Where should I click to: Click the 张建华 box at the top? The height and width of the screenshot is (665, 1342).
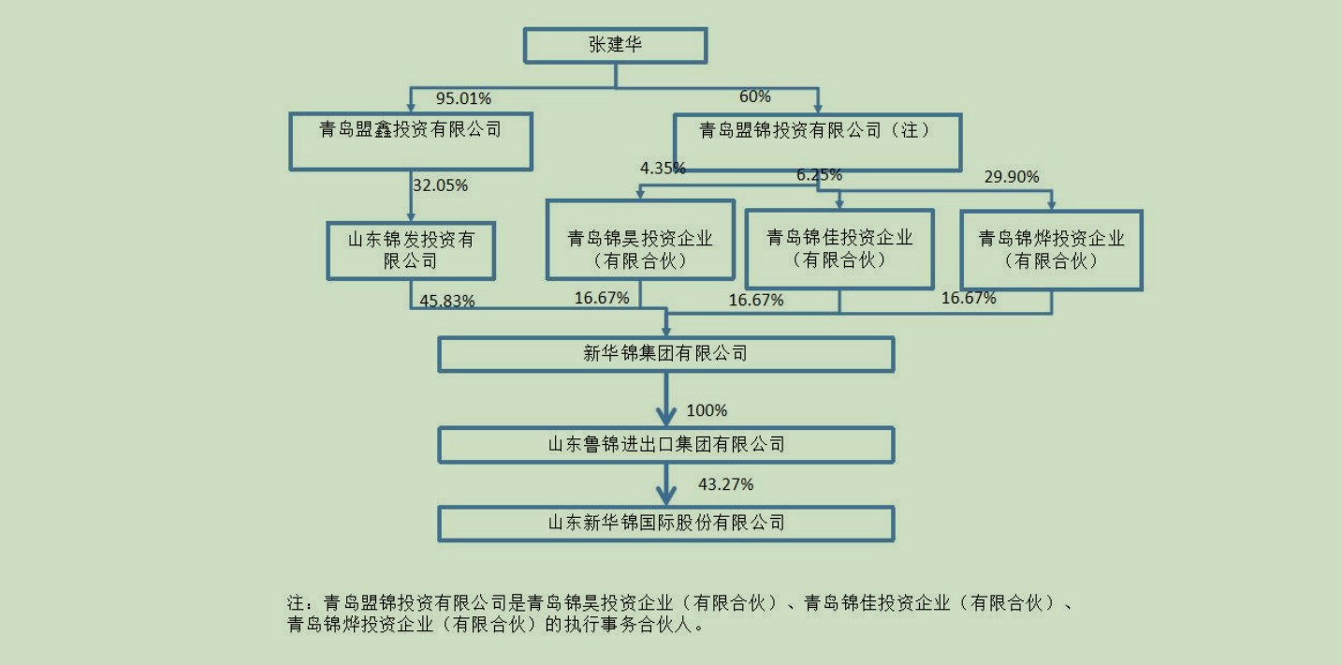(x=615, y=45)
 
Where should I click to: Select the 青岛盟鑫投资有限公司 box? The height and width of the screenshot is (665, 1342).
(x=411, y=141)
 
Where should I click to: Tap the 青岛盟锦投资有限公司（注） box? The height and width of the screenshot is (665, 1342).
(x=816, y=142)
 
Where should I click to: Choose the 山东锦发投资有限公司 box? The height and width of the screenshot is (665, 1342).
(x=411, y=250)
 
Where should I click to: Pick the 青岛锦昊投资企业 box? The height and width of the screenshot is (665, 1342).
(x=640, y=239)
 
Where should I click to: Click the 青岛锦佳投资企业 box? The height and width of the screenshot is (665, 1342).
(x=839, y=248)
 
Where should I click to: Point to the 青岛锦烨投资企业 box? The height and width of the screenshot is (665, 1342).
(x=1051, y=249)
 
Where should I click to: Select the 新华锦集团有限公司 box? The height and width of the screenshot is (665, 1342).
(x=665, y=353)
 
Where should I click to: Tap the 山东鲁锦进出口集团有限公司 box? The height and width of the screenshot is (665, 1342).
(x=665, y=444)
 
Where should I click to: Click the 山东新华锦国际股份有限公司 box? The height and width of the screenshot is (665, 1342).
(x=665, y=522)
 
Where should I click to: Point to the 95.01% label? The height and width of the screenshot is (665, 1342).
(x=463, y=98)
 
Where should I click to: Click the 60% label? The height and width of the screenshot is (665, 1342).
(x=755, y=96)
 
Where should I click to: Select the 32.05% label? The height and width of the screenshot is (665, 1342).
(x=440, y=185)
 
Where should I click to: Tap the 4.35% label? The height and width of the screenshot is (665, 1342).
(x=663, y=169)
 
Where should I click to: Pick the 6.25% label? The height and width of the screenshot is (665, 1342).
(x=819, y=175)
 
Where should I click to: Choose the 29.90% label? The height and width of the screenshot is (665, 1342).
(x=1012, y=176)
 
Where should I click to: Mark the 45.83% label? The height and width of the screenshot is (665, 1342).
(x=447, y=301)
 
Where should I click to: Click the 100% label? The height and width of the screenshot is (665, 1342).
(x=707, y=410)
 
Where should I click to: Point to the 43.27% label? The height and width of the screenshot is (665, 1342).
(x=725, y=484)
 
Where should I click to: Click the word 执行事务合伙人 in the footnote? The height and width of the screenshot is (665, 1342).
(x=628, y=624)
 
